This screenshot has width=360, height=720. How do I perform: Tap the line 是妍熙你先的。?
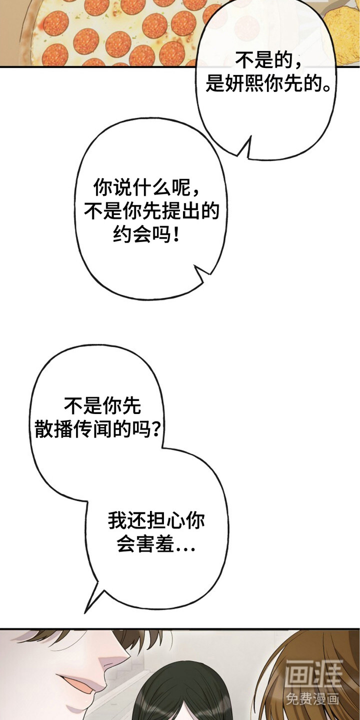click(x=268, y=84)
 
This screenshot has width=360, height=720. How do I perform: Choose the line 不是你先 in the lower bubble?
click(x=102, y=405)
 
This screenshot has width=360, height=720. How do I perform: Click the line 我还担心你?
click(x=156, y=520)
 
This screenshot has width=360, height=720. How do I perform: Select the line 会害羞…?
click(x=156, y=544)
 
